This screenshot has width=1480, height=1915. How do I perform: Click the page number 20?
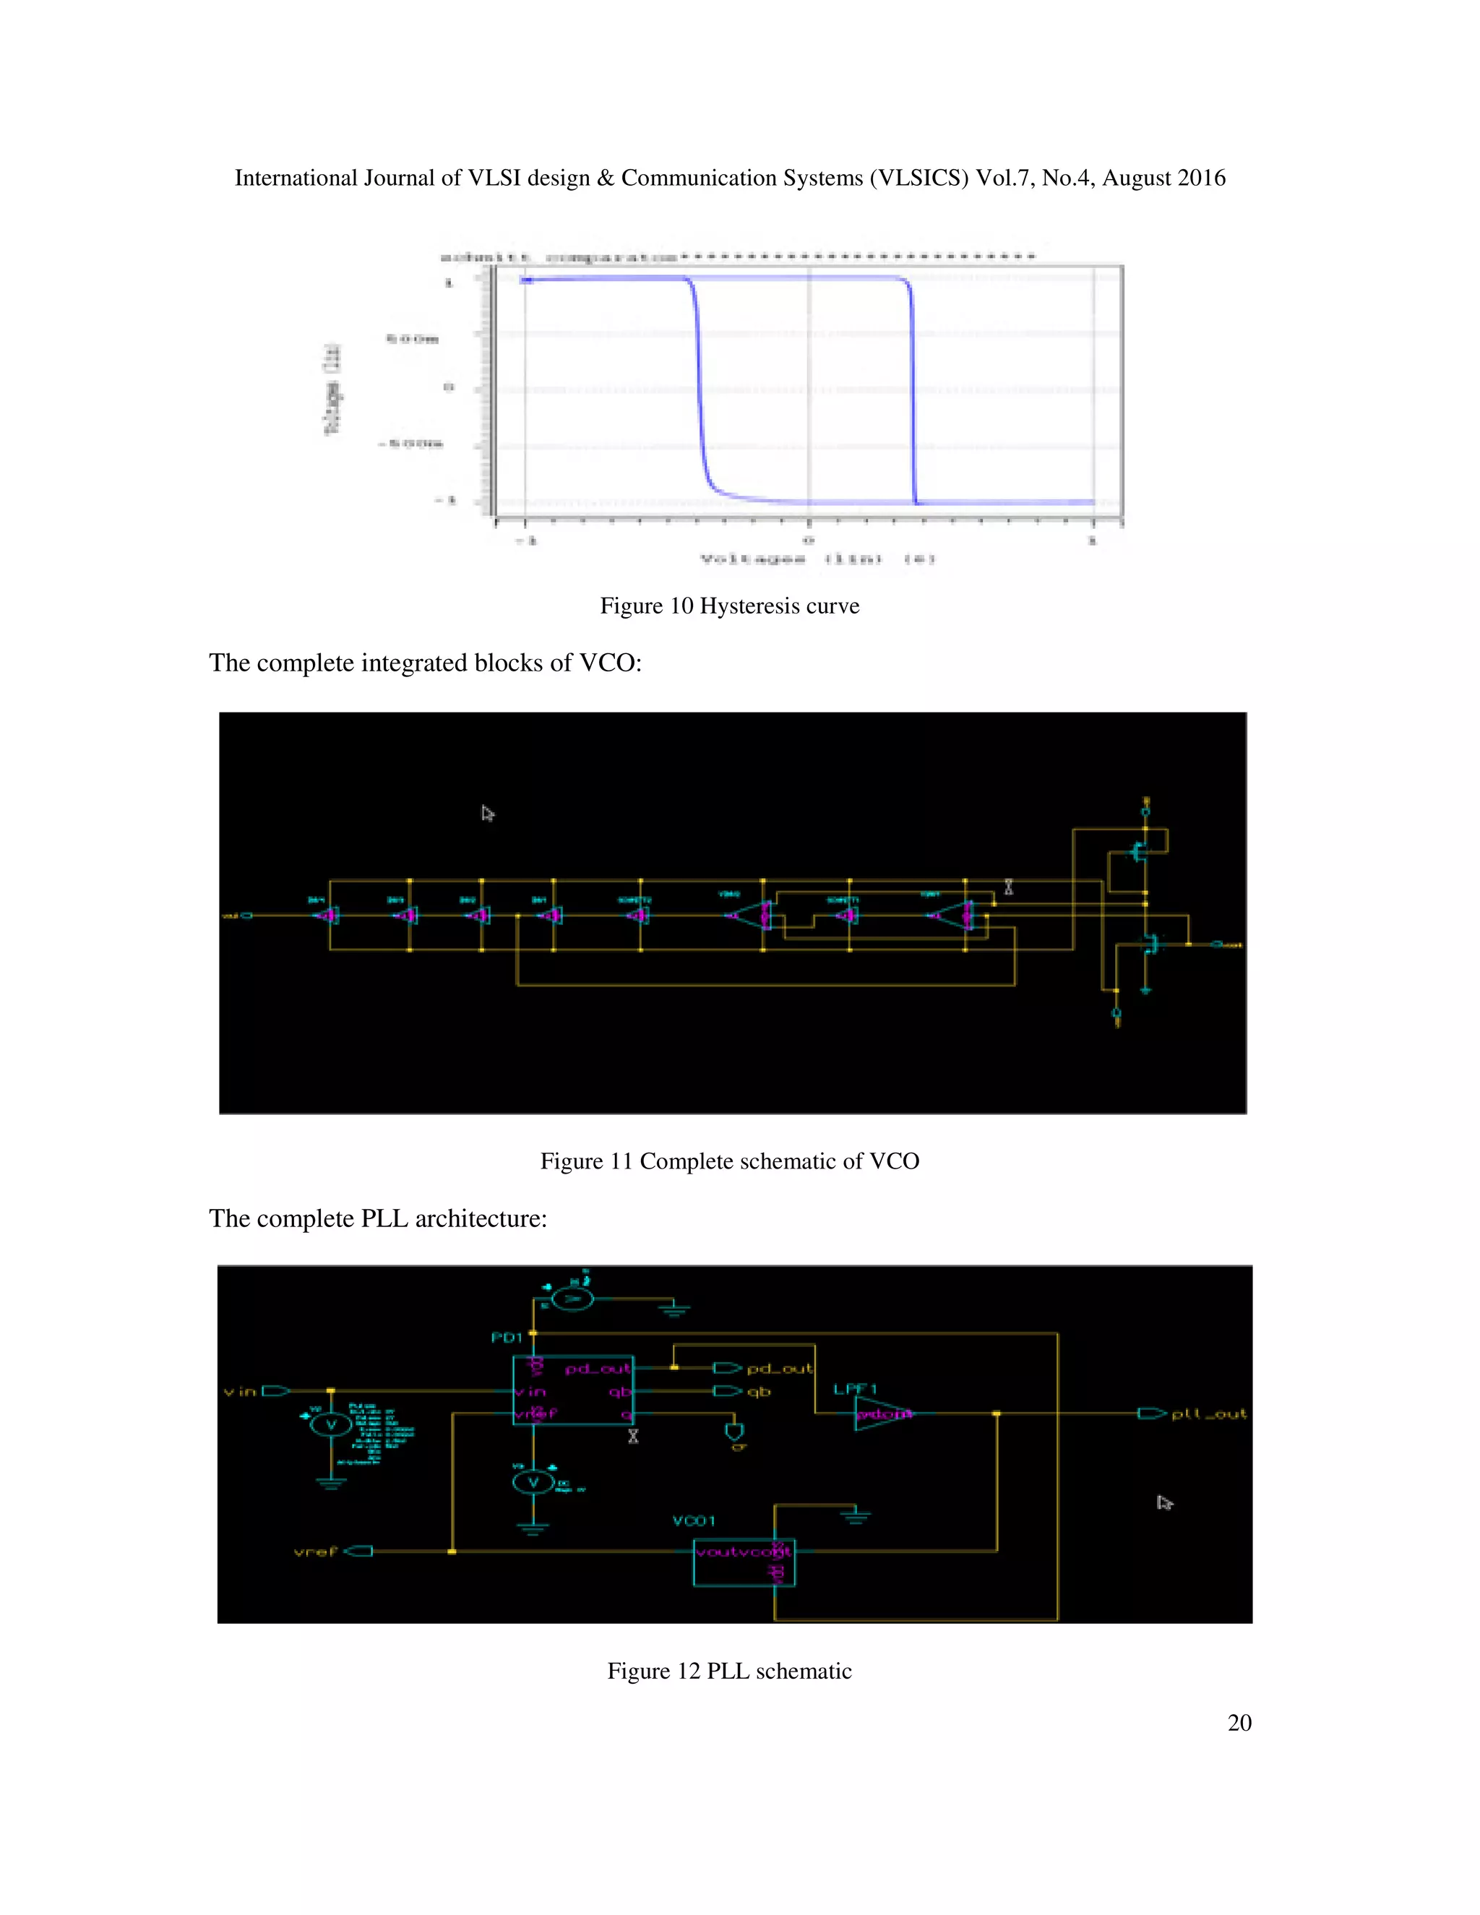[x=1239, y=1723]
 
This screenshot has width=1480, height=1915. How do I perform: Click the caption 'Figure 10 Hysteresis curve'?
[x=729, y=606]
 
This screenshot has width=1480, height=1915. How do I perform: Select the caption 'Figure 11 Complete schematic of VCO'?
[x=729, y=1161]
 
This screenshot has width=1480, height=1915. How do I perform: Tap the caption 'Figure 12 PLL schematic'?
[x=729, y=1671]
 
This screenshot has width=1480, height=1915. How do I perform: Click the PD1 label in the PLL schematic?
[x=507, y=1337]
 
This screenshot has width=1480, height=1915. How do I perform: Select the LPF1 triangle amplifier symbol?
[x=881, y=1413]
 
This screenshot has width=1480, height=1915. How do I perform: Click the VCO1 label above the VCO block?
[x=694, y=1520]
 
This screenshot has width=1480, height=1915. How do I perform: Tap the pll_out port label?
[x=1208, y=1413]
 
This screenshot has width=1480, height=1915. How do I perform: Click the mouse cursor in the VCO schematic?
[x=488, y=814]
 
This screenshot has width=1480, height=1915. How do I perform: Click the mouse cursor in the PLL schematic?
[x=1163, y=1503]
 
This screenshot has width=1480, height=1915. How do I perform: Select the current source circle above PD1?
[x=572, y=1299]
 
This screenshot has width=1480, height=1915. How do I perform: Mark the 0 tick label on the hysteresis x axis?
[x=809, y=540]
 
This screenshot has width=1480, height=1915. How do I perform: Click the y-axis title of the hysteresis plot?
[x=332, y=390]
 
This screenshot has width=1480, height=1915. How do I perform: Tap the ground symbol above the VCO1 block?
[x=856, y=1515]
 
